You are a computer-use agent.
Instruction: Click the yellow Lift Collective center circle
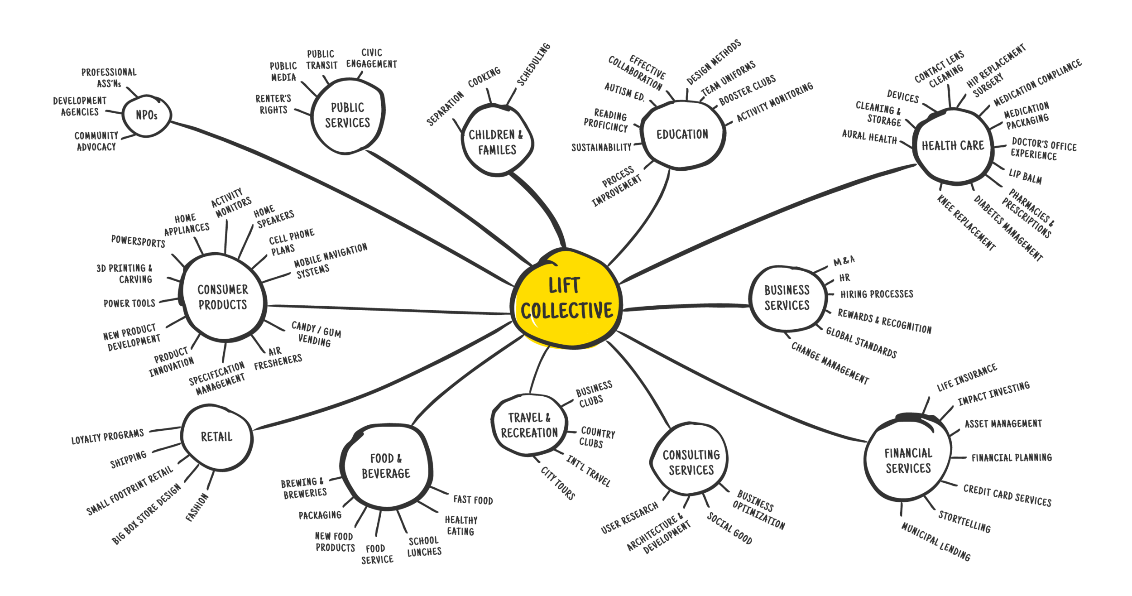click(566, 299)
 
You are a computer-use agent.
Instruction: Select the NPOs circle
click(147, 115)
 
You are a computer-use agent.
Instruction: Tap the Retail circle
click(216, 437)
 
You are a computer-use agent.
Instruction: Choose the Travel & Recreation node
click(529, 425)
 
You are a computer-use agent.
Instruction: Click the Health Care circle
click(953, 145)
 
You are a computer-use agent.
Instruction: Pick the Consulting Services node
click(691, 462)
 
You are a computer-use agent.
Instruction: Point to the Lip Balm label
click(1025, 176)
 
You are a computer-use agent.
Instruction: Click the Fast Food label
click(473, 500)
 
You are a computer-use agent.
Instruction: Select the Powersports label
click(138, 241)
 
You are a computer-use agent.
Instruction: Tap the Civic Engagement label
click(372, 58)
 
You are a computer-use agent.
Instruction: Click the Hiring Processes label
click(877, 294)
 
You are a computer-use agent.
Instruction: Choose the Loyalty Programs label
click(107, 437)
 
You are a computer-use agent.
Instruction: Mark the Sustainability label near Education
click(601, 147)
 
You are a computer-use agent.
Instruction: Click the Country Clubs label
click(597, 437)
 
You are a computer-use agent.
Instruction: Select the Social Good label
click(729, 529)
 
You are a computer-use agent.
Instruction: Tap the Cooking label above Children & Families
click(484, 77)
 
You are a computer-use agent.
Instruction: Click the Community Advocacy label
click(96, 141)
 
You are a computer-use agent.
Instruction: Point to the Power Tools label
click(130, 303)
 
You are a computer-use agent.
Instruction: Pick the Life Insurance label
click(967, 377)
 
